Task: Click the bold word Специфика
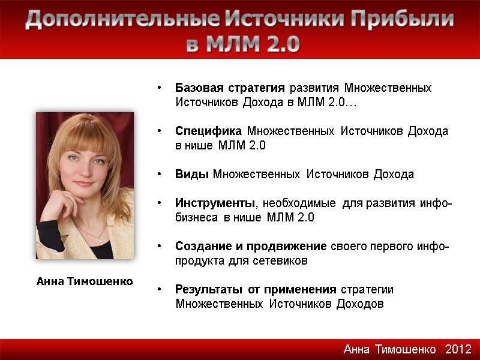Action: pos(209,131)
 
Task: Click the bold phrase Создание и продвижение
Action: pos(251,247)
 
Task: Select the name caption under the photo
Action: pos(85,281)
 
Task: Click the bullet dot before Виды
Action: pos(159,175)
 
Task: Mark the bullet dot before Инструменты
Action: pos(159,204)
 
